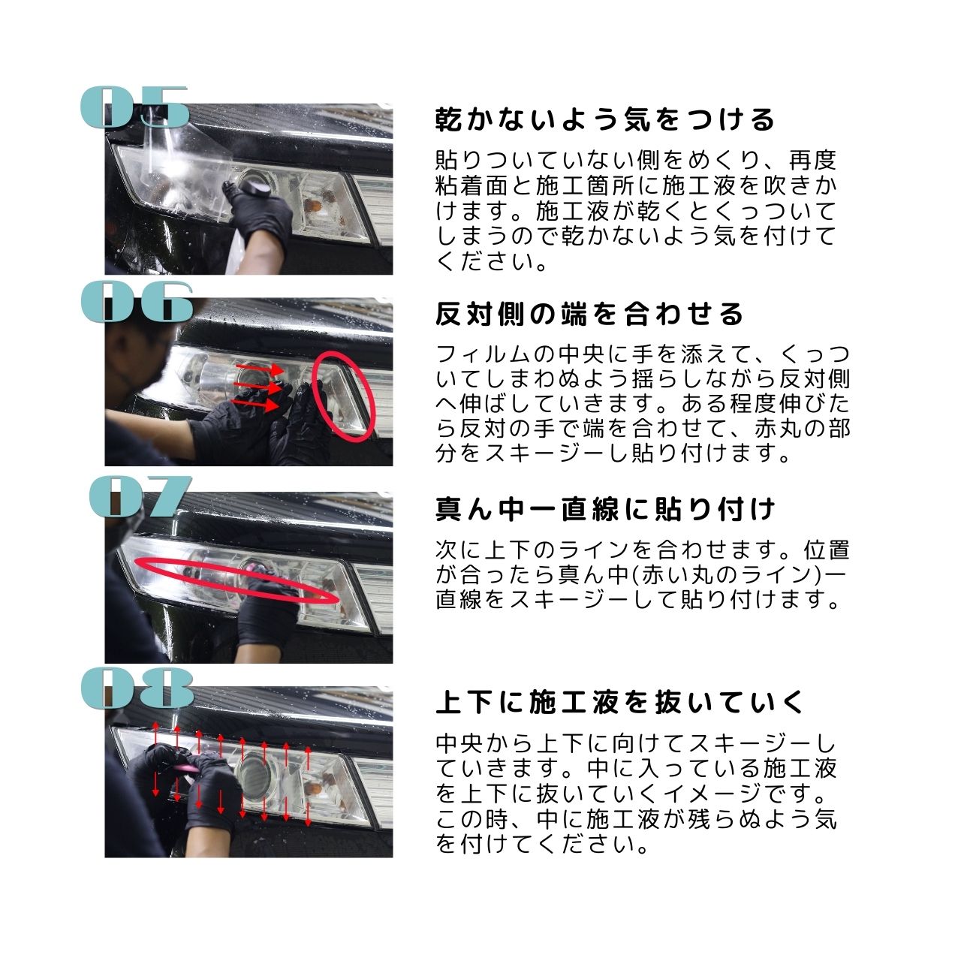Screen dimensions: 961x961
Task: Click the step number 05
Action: pos(134,107)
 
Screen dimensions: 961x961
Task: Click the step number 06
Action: pos(137,302)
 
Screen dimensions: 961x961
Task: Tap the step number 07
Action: pos(140,496)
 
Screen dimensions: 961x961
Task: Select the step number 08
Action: pos(137,688)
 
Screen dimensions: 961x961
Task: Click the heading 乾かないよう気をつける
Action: pos(604,119)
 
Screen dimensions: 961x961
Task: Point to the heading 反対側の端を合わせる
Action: pos(589,314)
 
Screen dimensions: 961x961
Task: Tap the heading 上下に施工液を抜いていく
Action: pos(620,703)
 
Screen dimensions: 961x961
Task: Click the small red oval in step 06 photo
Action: pos(343,393)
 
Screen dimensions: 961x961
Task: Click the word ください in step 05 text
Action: pos(485,262)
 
